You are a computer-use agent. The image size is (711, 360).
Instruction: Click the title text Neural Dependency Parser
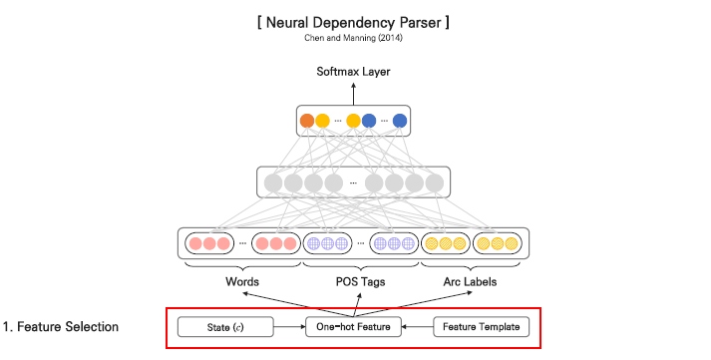coord(355,21)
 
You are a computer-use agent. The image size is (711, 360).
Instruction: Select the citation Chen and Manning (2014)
coord(355,38)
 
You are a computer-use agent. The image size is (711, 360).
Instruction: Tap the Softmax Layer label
coord(354,72)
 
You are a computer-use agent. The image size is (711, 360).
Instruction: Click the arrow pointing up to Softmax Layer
coord(354,92)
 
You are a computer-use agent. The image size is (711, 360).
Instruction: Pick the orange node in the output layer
coord(307,122)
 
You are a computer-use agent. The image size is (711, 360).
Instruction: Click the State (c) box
coord(225,326)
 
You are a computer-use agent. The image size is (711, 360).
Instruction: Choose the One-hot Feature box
coord(354,326)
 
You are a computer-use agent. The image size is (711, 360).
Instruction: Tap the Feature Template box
coord(481,326)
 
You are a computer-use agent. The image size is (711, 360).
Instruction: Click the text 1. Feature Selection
coord(62,326)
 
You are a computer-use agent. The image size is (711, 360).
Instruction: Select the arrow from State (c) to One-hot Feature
coord(288,326)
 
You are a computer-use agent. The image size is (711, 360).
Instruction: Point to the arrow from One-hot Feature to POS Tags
coord(356,303)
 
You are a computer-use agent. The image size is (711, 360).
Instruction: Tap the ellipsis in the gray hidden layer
coord(354,183)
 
